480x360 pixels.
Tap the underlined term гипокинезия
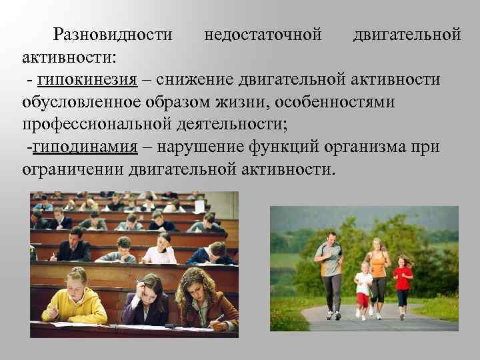87,80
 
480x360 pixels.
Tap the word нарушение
196,147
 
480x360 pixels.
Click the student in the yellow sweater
75,298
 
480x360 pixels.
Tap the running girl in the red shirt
402,283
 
